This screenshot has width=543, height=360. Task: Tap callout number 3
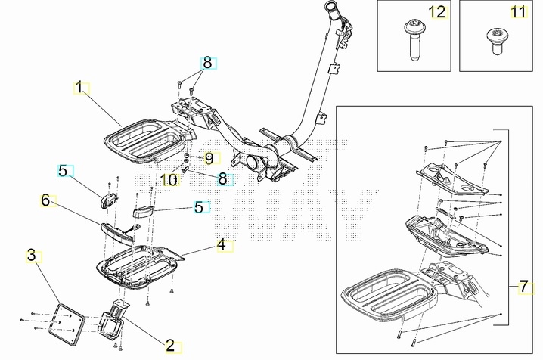[x=32, y=254]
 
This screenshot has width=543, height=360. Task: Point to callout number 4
[x=221, y=244]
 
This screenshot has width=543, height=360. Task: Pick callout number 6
[x=45, y=200]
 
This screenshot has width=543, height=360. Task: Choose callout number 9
[x=209, y=158]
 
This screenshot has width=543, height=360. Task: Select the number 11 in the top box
[x=517, y=12]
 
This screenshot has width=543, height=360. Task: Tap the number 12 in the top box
[x=437, y=12]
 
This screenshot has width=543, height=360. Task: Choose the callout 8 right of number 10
[x=223, y=178]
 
